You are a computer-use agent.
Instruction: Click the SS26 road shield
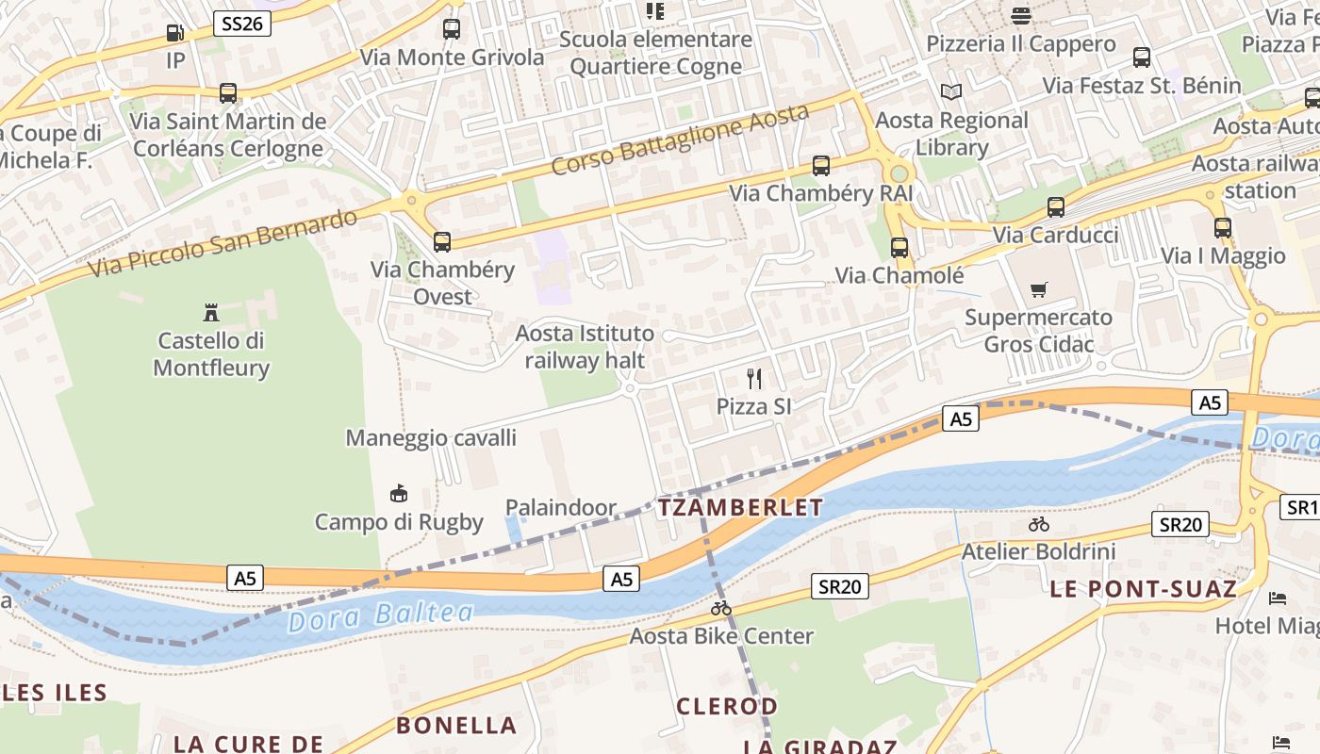coord(242,24)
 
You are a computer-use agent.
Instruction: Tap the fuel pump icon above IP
coord(174,33)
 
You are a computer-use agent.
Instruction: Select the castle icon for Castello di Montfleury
coord(211,312)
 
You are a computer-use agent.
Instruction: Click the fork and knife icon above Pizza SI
coord(753,379)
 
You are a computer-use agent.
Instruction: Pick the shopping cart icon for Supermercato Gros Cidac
coord(1038,289)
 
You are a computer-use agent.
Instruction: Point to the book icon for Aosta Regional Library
coord(951,92)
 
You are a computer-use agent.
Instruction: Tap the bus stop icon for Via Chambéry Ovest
coord(441,241)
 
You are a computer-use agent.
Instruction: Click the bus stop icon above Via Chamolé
coord(899,248)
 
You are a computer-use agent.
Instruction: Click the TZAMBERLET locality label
coord(740,507)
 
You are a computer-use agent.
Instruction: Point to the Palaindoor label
coord(561,508)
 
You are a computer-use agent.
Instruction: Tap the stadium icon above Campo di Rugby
coord(399,493)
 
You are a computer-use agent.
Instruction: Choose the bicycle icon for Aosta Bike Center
coord(721,609)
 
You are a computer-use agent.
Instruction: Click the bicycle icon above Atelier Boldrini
coord(1039,524)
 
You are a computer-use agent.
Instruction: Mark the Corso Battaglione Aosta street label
coord(680,139)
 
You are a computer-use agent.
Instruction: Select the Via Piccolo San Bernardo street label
coord(223,243)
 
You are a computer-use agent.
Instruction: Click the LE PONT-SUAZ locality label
coord(1143,589)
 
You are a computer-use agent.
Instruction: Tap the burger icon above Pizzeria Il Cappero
coord(1021,15)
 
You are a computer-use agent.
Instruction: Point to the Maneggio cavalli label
coord(431,437)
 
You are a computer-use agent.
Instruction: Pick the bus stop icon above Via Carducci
coord(1056,207)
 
